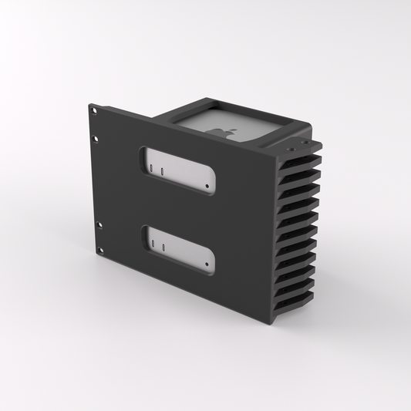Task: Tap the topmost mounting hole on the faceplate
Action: click(x=95, y=110)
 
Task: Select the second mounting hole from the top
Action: click(x=96, y=139)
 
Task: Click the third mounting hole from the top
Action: click(x=98, y=224)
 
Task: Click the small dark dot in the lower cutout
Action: click(x=207, y=265)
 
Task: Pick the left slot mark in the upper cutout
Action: click(x=152, y=165)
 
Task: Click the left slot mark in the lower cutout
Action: click(x=153, y=244)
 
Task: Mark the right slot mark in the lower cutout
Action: click(x=163, y=248)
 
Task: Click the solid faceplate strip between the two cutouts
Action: click(x=177, y=210)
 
